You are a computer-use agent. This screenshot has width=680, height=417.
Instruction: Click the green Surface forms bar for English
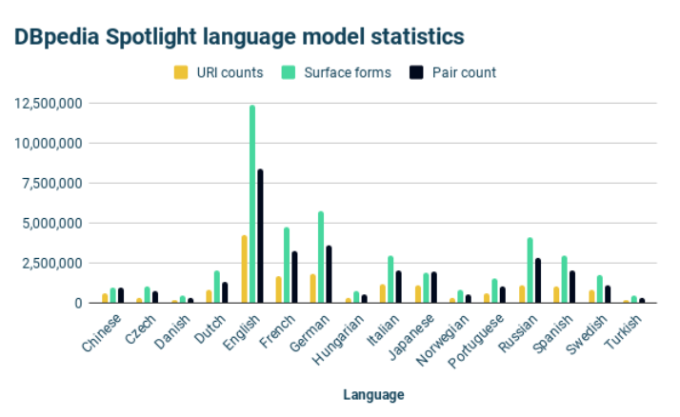pos(252,204)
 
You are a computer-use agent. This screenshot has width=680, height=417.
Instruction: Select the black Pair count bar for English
pos(260,236)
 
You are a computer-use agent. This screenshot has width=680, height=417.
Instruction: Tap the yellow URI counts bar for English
pos(245,268)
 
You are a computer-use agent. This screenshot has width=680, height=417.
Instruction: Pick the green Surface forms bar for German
pos(321,257)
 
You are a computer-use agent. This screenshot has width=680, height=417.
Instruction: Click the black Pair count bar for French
pos(294,277)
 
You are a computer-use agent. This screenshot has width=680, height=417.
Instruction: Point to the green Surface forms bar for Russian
pos(530,270)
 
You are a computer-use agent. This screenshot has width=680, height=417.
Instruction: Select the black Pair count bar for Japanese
pos(434,288)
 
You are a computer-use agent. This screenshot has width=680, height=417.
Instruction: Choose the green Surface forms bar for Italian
pos(390,279)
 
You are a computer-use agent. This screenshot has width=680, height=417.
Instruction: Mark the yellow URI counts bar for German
pos(313,288)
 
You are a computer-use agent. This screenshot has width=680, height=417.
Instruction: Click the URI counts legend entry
pos(219,72)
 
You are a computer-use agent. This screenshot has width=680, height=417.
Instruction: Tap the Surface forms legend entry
pos(336,72)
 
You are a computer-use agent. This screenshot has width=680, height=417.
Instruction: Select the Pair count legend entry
pos(452,72)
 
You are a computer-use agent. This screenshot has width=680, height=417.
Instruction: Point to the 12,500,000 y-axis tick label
pos(49,103)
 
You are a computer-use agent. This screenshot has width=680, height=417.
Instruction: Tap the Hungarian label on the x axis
pos(338,339)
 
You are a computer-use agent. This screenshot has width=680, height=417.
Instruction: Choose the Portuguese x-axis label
pos(476,341)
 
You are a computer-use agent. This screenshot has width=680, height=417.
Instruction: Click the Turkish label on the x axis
pos(623,332)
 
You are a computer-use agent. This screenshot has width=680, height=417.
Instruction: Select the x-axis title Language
pos(374,395)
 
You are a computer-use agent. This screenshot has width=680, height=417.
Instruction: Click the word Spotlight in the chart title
pos(151,37)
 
